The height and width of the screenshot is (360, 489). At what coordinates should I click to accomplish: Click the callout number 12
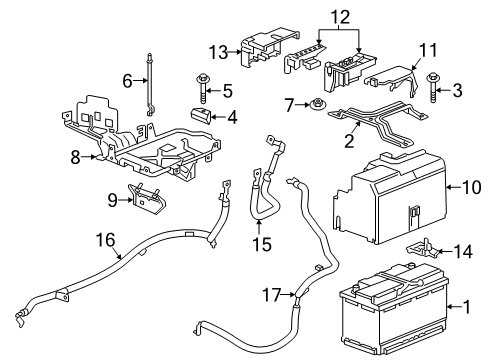click(340, 17)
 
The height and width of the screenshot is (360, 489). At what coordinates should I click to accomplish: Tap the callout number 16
click(106, 240)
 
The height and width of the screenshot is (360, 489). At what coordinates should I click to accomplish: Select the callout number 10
click(471, 187)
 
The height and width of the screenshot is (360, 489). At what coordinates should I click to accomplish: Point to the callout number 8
click(75, 157)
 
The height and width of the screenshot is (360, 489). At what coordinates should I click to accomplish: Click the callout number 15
click(262, 244)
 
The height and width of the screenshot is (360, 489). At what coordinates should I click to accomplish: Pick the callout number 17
click(272, 295)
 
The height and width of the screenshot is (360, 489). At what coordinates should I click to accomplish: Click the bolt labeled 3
click(433, 87)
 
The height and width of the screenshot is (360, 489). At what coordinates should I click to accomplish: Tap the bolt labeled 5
click(202, 89)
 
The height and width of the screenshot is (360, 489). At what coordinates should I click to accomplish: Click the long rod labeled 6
click(150, 84)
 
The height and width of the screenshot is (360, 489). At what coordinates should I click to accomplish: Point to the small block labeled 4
click(201, 116)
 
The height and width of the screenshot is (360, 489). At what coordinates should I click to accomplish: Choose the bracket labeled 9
click(147, 200)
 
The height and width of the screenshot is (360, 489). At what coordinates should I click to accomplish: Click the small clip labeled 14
click(422, 249)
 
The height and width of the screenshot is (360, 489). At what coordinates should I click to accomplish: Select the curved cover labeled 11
click(393, 80)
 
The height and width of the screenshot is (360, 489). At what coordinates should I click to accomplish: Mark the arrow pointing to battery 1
click(454, 307)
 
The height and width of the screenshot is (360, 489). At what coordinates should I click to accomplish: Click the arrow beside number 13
click(233, 52)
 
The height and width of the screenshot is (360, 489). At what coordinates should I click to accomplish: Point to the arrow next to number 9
click(126, 200)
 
